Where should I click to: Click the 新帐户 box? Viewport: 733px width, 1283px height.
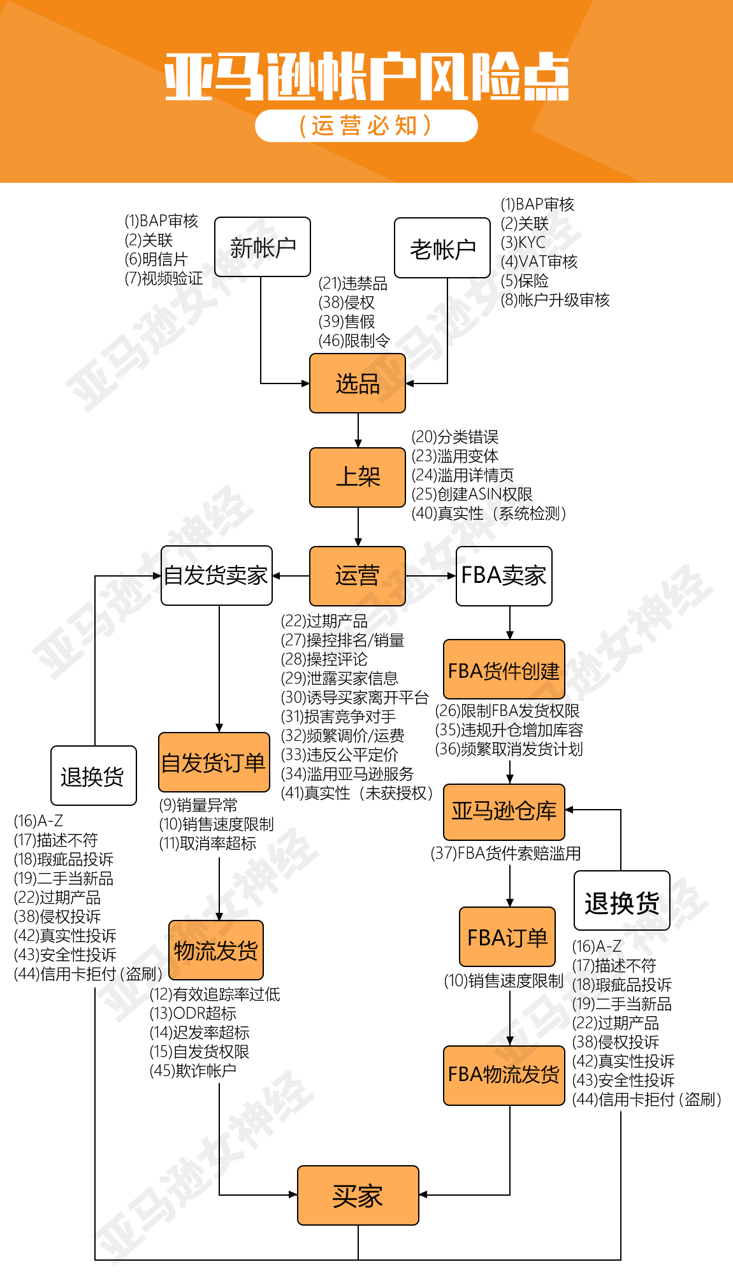tap(262, 247)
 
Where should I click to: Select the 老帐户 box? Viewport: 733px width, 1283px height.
tap(442, 248)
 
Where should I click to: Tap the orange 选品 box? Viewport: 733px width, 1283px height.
tap(357, 383)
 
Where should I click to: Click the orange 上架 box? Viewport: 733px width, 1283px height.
tap(357, 477)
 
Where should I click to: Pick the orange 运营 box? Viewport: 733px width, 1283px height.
tap(357, 576)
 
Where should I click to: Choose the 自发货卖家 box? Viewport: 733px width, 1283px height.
tap(216, 575)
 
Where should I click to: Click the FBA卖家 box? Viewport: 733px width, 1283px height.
tap(504, 576)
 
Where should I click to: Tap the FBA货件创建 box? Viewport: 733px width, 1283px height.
tap(504, 670)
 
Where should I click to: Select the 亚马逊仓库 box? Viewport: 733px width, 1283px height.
tap(504, 812)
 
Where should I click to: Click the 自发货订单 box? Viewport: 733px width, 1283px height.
tap(214, 763)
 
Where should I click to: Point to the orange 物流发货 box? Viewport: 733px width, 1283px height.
tap(215, 950)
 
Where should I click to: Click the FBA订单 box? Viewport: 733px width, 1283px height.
tap(507, 937)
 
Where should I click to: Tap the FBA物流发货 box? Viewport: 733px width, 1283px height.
tap(504, 1075)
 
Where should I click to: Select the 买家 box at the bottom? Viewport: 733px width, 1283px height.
tap(358, 1196)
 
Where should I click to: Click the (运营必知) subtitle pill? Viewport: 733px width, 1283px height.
tap(366, 125)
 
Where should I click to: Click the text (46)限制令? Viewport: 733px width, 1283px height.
tap(354, 341)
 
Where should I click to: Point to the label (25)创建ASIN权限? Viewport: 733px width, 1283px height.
tap(472, 494)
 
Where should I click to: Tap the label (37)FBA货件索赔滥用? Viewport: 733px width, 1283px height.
tap(505, 854)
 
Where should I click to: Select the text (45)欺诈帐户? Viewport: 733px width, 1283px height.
tap(192, 1071)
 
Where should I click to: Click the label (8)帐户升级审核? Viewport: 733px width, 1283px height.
tap(555, 300)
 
